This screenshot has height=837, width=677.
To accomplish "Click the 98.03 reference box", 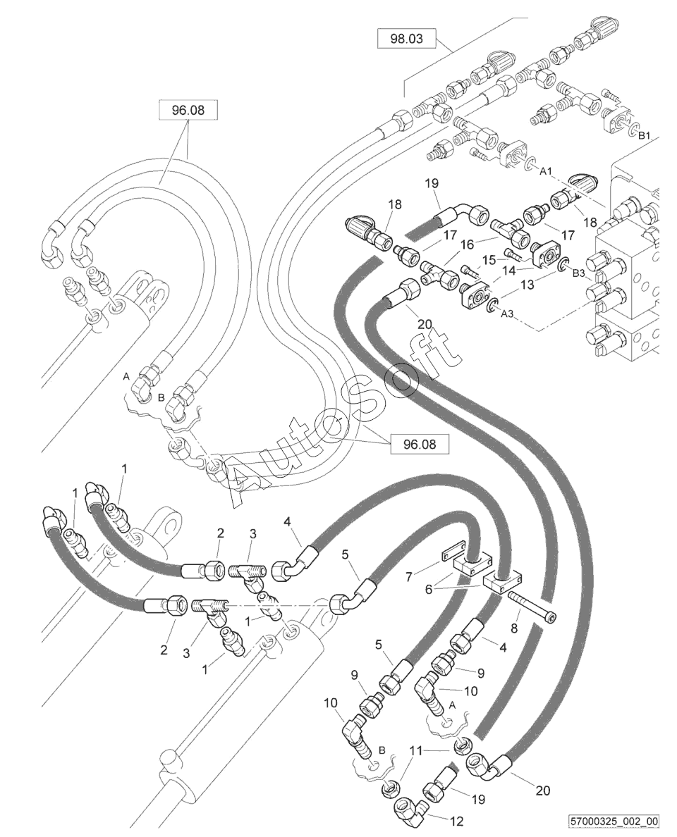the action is [407, 39].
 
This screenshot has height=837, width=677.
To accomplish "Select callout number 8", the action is [514, 628].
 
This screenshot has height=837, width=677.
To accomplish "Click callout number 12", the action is [458, 821].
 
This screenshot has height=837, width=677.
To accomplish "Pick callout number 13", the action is [527, 285].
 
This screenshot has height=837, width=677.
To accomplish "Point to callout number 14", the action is [509, 271].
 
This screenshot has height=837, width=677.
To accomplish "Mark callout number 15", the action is [489, 260].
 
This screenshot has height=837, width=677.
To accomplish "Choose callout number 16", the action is [467, 244].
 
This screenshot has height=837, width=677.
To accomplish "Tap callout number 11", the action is [415, 750].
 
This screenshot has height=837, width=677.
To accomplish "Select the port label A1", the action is [545, 171].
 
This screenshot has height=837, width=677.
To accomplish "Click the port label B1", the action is [645, 135].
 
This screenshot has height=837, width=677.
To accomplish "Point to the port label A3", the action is [507, 314].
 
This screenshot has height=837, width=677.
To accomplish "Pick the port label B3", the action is [579, 274].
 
